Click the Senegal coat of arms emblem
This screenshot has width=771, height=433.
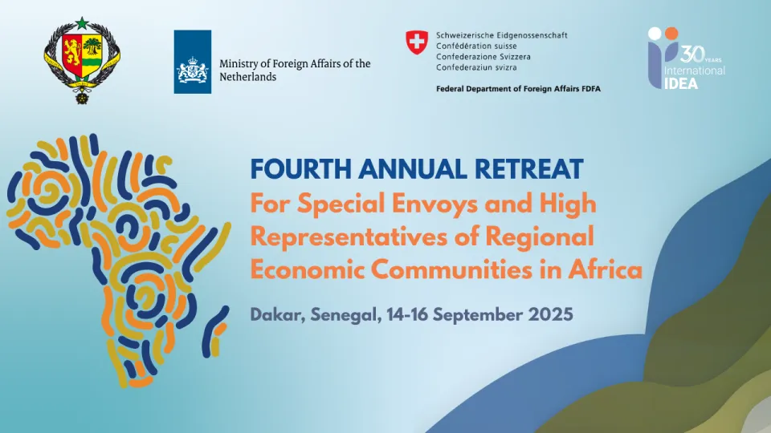click(x=82, y=60)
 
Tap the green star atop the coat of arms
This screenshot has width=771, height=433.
click(x=82, y=23)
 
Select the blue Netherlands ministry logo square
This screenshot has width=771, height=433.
click(x=192, y=62)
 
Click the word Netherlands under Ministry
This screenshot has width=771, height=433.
click(x=248, y=77)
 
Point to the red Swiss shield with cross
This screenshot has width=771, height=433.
click(x=417, y=42)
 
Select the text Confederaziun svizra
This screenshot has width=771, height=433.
click(x=476, y=67)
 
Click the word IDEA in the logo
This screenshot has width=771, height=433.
click(x=681, y=83)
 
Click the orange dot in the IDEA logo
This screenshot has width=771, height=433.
click(x=671, y=34)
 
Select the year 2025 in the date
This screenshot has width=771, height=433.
click(x=551, y=314)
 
